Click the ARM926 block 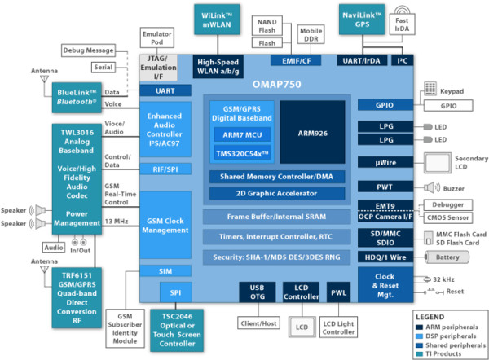(312, 132)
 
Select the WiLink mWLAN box (217, 20)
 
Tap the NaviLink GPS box (362, 20)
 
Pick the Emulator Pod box (156, 37)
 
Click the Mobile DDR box (311, 34)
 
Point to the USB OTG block (258, 292)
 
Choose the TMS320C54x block (242, 153)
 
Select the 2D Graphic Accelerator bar (277, 194)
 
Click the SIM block (165, 271)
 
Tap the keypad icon (430, 89)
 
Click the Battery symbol (447, 257)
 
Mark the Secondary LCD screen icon (437, 163)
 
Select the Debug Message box (88, 50)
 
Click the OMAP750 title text (276, 84)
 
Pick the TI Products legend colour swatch (420, 354)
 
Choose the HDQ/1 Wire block (385, 257)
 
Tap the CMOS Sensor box (447, 217)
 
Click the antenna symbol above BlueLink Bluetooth (44, 79)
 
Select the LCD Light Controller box (338, 327)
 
